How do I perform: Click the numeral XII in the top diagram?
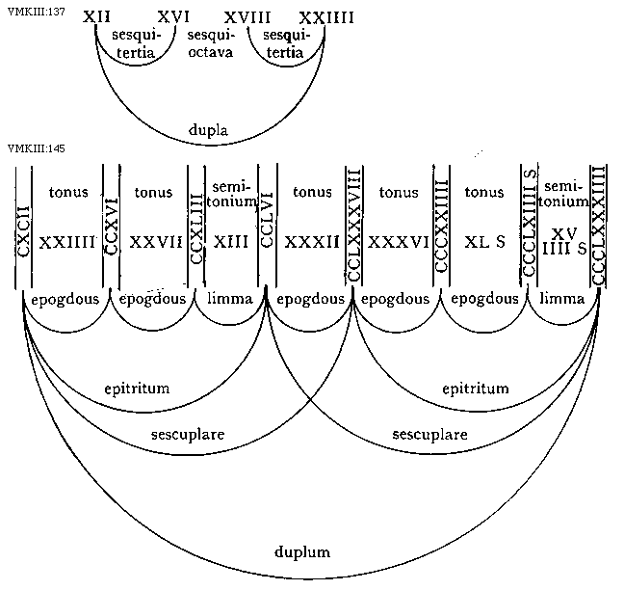(x=96, y=18)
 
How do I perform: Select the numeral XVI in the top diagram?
(x=173, y=18)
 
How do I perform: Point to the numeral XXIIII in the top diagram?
(x=326, y=18)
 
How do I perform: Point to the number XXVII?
(x=157, y=242)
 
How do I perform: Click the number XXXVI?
(x=400, y=242)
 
